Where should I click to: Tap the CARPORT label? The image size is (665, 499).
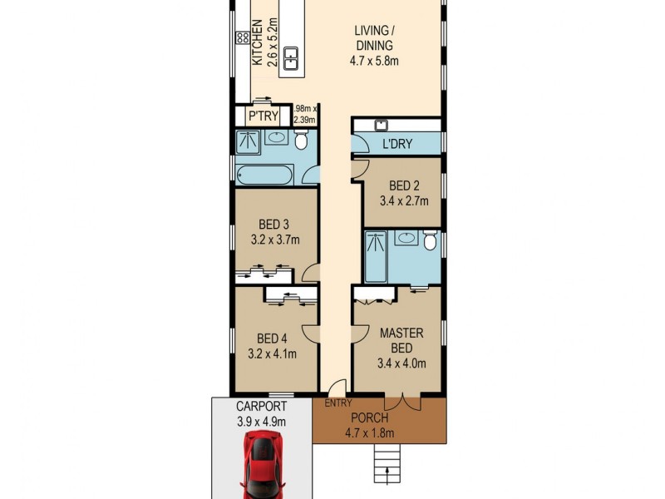[x=261, y=407]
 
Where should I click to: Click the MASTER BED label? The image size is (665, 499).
[x=401, y=340]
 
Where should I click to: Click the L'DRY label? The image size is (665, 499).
[x=397, y=145]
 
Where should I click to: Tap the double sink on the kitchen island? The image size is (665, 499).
[x=292, y=58]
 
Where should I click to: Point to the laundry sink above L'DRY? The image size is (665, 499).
[x=381, y=126]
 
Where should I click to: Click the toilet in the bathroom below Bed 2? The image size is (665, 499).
[x=430, y=241]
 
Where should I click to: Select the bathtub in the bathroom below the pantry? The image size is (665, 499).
[x=265, y=175]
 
